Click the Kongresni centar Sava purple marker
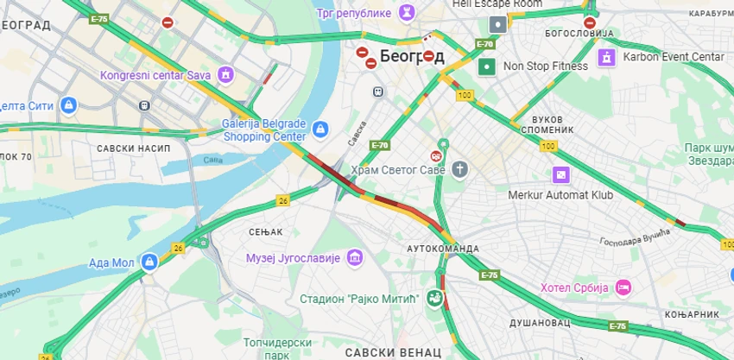(x=226, y=75)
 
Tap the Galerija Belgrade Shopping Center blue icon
(x=320, y=129)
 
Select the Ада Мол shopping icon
(x=149, y=261)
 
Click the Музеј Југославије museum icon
(x=354, y=257)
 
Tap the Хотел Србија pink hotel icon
(x=623, y=287)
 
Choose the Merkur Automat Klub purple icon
(x=561, y=175)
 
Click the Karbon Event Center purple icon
(x=607, y=57)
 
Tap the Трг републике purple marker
(x=404, y=12)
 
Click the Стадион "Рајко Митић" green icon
(x=434, y=299)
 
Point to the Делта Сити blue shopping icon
(x=68, y=105)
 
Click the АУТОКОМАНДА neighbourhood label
(x=443, y=249)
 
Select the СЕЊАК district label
(x=265, y=231)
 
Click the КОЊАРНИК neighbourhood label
(x=693, y=314)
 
